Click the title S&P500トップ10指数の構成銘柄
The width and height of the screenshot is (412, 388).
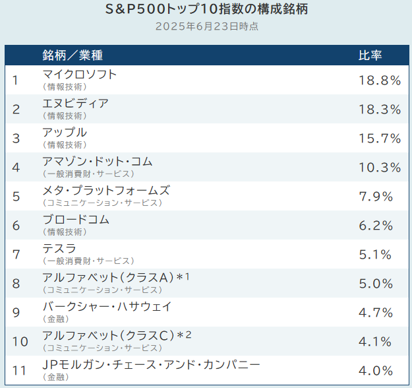(x=206, y=10)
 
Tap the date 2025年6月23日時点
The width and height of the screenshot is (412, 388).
(x=206, y=27)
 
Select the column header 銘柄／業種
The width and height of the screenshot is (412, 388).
(x=73, y=55)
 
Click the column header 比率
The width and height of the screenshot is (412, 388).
(x=369, y=55)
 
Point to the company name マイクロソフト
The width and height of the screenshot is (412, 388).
(x=79, y=75)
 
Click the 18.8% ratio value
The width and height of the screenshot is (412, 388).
(x=380, y=81)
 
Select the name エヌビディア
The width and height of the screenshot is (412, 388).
(x=75, y=104)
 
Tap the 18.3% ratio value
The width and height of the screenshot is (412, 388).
(x=380, y=110)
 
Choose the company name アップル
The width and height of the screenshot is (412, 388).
(x=64, y=133)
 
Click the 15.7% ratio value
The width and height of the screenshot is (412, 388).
(x=380, y=139)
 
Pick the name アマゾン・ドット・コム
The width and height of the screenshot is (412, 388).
(x=97, y=162)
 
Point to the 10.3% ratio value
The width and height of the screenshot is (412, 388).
(x=380, y=168)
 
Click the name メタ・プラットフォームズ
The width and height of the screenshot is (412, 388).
(x=105, y=191)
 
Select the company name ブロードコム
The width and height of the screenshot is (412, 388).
(x=75, y=220)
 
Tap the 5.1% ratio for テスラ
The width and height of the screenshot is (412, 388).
(x=376, y=255)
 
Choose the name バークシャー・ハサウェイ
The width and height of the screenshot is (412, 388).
(x=106, y=307)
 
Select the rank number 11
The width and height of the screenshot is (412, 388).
(x=20, y=371)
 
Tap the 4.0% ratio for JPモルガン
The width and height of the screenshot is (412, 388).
(x=376, y=371)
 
